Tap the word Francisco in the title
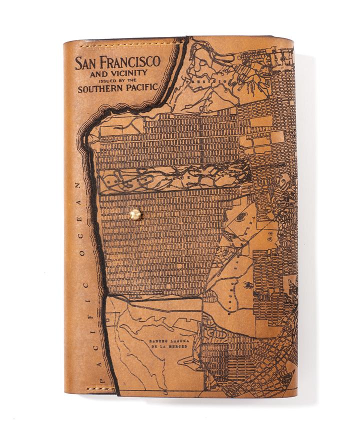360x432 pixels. (131, 62)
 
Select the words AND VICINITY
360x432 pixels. (117, 73)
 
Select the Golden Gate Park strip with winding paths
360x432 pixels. (175, 177)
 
